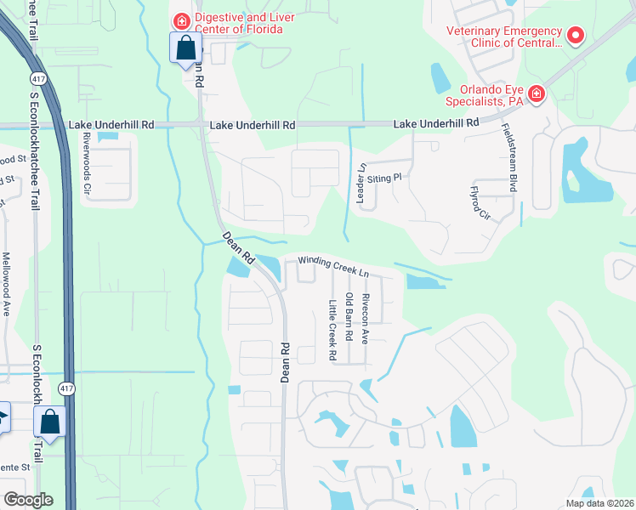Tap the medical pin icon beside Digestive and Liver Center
point(181,20)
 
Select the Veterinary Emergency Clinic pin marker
point(576,36)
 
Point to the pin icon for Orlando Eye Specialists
point(536,93)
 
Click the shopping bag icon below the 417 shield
point(50,422)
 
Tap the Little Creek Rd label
point(332,330)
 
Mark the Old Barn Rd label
point(349,318)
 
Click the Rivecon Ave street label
point(365,318)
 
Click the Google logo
point(27,499)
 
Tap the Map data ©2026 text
point(599,503)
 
